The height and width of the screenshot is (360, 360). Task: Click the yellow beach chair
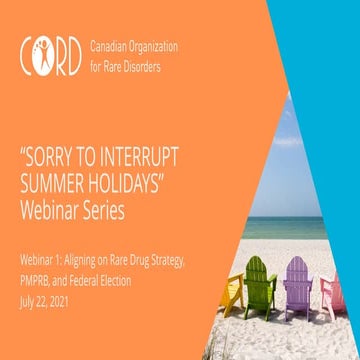232,293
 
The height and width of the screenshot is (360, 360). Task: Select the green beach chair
261,287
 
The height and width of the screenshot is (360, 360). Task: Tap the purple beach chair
297,288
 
